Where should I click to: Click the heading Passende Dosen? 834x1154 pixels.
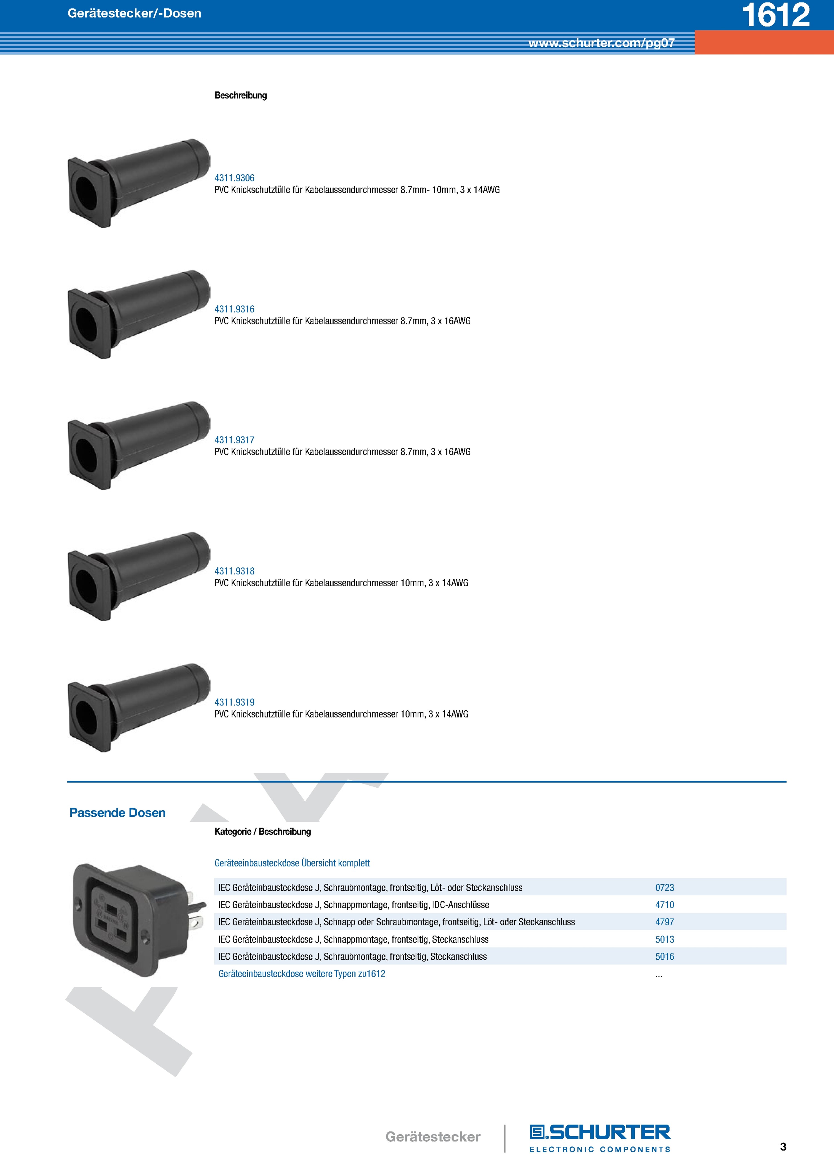point(118,813)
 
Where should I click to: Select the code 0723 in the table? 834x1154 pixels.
point(664,888)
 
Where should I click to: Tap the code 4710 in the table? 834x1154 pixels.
point(664,905)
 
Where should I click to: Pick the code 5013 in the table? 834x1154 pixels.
point(664,940)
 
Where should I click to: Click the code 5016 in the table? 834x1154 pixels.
point(664,957)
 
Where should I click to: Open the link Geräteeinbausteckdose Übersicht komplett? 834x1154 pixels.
point(292,863)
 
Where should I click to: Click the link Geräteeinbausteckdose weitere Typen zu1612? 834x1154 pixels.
point(302,974)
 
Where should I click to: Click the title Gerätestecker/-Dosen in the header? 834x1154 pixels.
point(134,13)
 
